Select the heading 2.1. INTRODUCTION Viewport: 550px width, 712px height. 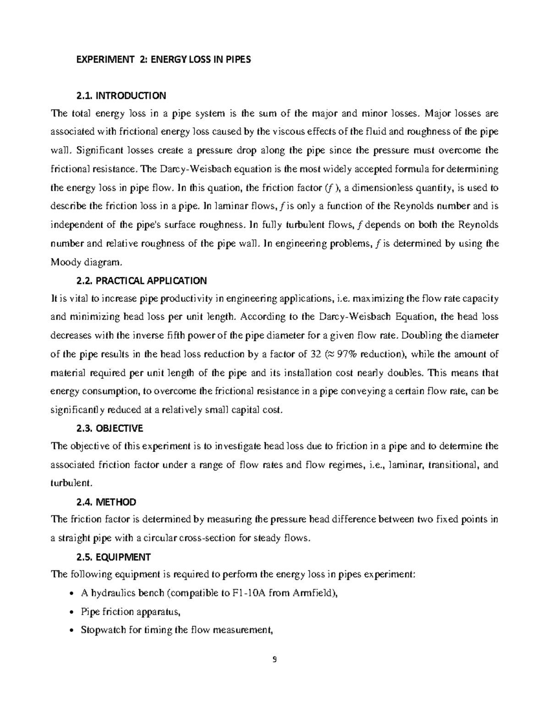tap(120, 96)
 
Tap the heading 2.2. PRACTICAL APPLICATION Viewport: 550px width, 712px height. tap(140, 280)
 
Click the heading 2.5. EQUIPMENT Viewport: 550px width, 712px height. tap(112, 557)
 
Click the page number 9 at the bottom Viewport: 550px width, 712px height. tap(275, 660)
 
